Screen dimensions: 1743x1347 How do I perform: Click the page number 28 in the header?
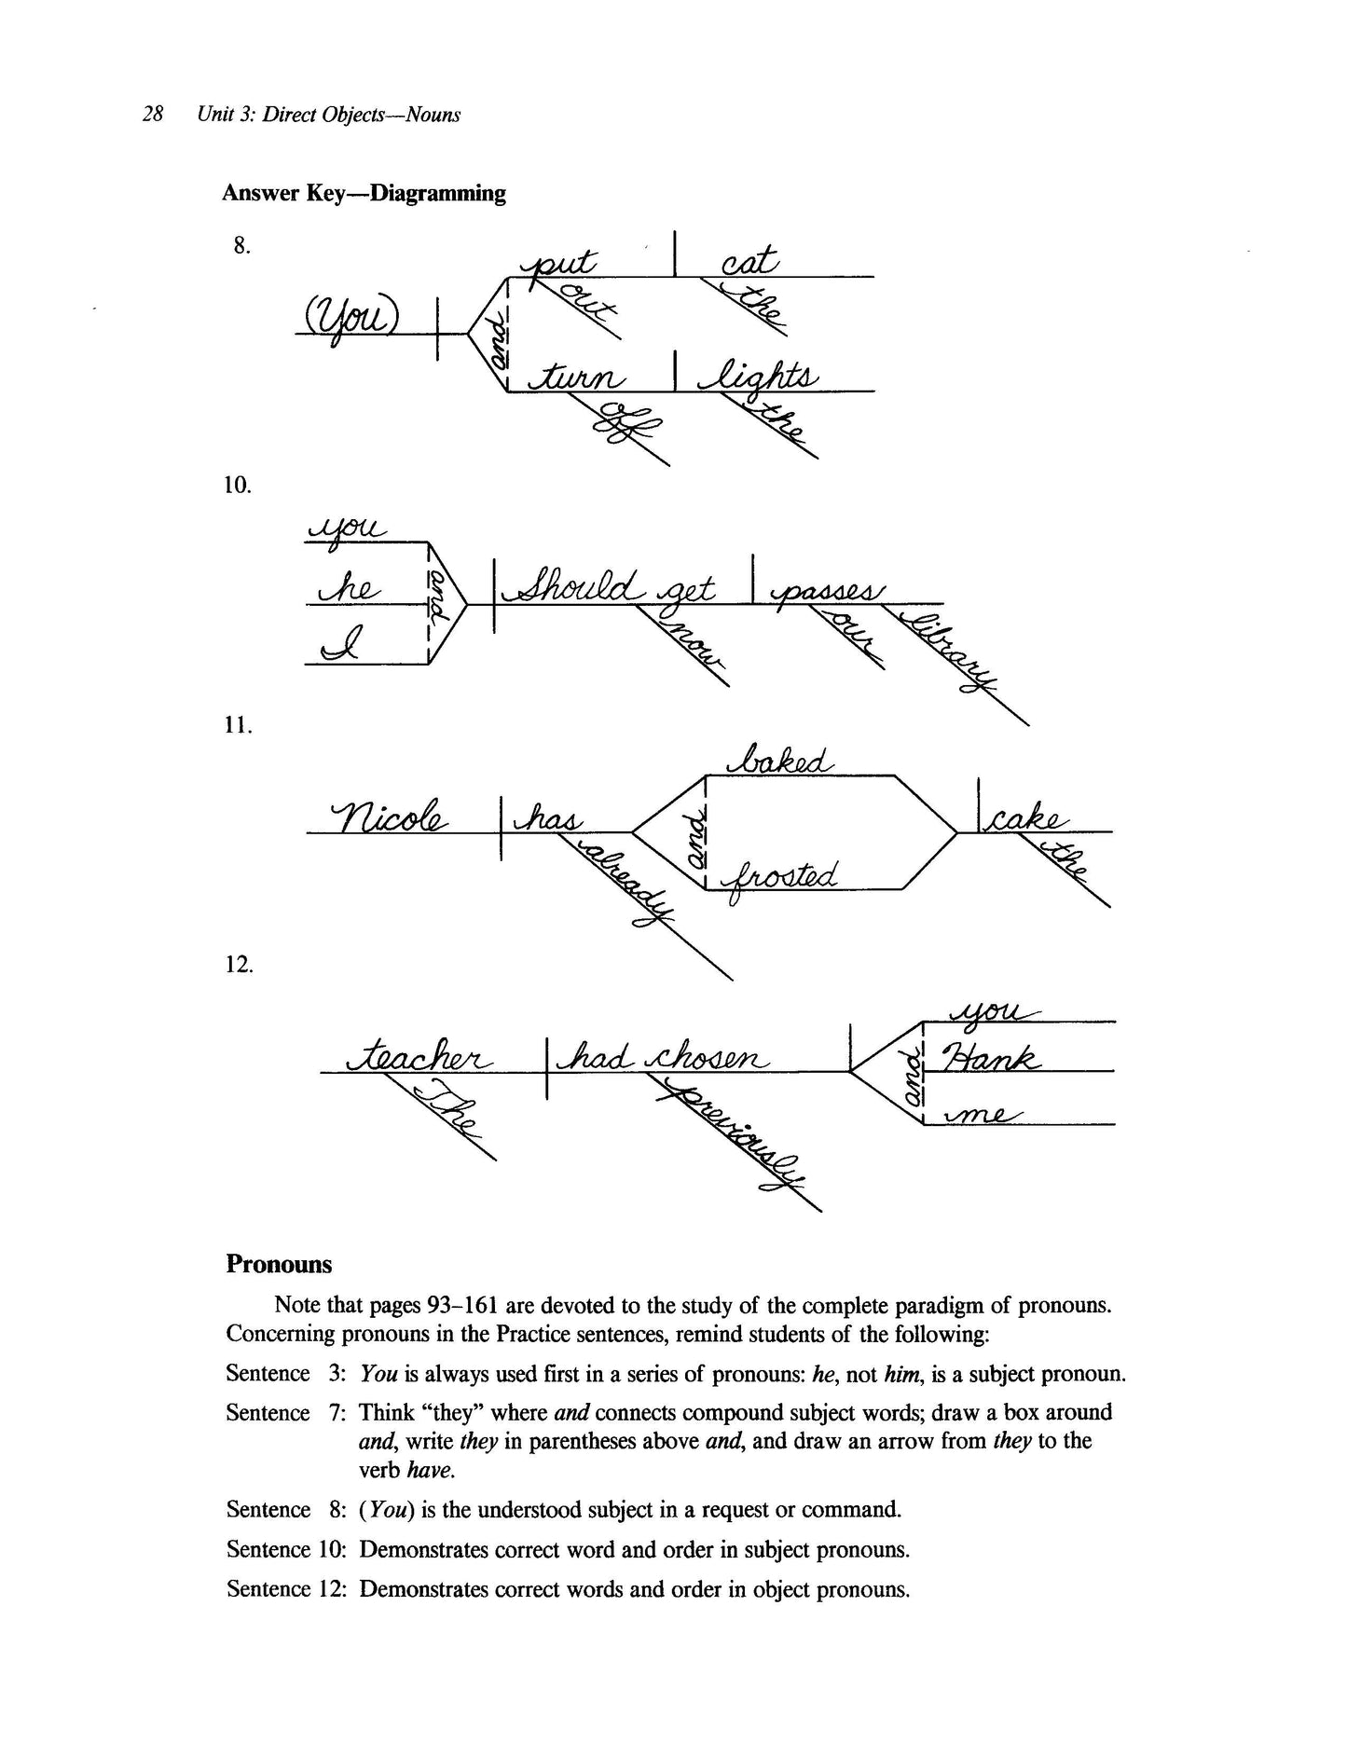154,115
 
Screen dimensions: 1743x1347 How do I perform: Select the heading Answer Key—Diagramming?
364,194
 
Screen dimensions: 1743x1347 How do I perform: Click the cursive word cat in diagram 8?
749,262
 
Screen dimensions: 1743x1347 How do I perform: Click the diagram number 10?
239,486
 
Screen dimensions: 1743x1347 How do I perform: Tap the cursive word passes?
823,589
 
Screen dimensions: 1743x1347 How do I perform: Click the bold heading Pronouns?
279,1265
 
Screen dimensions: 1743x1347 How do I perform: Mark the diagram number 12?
239,964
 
